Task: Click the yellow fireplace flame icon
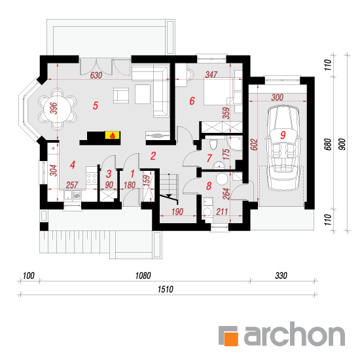tap(113, 135)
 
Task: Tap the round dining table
tap(58, 109)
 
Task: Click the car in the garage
tap(283, 148)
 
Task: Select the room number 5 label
tap(96, 105)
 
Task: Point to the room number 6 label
tap(192, 101)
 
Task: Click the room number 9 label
tap(283, 135)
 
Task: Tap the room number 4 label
tap(73, 165)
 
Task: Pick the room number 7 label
tap(209, 158)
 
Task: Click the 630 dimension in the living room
tap(96, 75)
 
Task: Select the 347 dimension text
tap(211, 75)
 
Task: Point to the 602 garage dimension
tap(254, 145)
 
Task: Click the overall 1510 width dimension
tap(166, 289)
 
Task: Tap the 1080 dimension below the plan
tap(143, 276)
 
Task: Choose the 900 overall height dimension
tap(342, 144)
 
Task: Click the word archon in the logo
tap(295, 334)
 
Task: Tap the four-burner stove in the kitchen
tap(92, 179)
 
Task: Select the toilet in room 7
tap(213, 144)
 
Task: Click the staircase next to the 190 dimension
tap(169, 189)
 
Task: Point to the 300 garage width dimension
tap(278, 98)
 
